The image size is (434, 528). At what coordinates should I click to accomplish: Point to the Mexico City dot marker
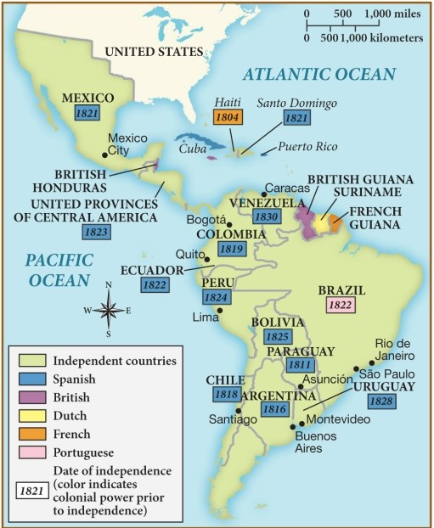coord(104,154)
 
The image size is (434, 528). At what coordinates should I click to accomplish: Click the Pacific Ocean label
coord(57,268)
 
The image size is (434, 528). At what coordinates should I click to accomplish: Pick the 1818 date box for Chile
coord(225,394)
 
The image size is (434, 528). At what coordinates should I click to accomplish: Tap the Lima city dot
coord(220,310)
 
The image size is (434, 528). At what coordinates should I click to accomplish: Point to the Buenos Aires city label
coord(315,442)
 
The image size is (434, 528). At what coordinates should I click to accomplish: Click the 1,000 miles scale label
coord(394,14)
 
